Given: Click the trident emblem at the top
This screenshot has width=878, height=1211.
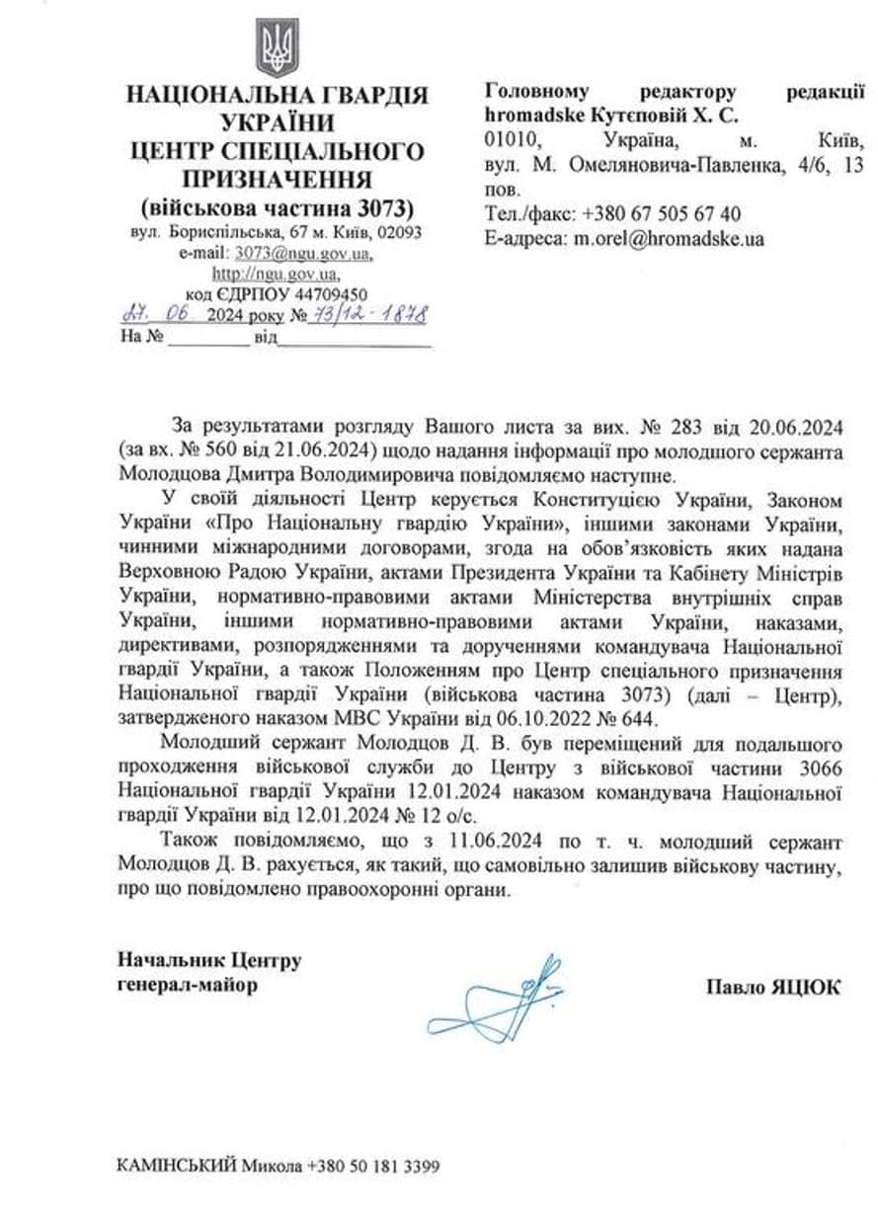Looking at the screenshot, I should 277,47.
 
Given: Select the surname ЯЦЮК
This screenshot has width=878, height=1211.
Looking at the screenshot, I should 805,987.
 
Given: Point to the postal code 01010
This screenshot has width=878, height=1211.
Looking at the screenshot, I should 511,139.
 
